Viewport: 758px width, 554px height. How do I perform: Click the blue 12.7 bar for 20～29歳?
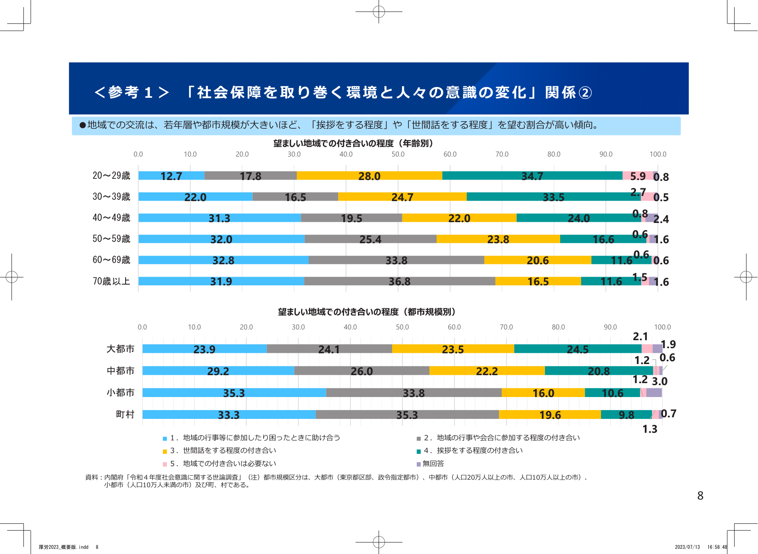tap(171, 176)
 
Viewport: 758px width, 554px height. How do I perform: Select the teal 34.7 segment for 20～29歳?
tap(532, 176)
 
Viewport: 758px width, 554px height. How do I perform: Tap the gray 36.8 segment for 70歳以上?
tap(399, 281)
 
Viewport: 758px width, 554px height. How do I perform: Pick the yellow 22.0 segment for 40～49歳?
tap(459, 218)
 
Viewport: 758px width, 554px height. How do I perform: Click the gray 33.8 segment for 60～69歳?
tap(396, 260)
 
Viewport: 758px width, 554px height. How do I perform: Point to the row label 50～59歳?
tap(111, 238)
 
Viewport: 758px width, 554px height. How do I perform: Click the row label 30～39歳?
tap(111, 196)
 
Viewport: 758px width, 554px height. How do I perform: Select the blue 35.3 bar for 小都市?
tap(234, 393)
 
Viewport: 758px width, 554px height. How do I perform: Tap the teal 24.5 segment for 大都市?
tap(577, 349)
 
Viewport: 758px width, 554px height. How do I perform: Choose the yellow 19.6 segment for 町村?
tap(550, 415)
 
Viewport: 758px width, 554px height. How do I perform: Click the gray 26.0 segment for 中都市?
tap(362, 371)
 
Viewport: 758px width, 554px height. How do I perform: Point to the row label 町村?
tap(125, 415)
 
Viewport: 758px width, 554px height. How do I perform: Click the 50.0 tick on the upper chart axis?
tap(398, 154)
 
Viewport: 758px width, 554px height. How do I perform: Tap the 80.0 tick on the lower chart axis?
tap(558, 327)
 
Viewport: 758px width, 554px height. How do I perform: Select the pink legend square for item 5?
tap(165, 464)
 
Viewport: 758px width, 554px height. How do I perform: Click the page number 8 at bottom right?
tap(700, 496)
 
